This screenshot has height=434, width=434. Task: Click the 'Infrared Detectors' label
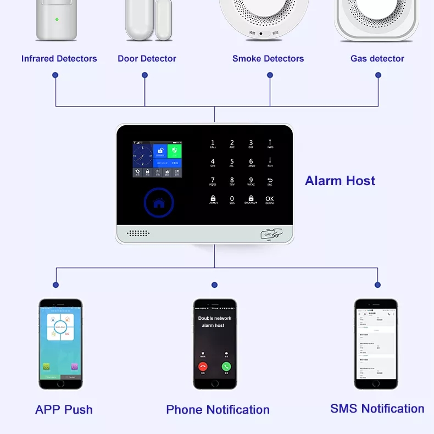59,59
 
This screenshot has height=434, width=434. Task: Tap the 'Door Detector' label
147,59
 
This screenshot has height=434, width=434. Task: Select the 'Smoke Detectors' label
268,59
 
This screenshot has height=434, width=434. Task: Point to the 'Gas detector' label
377,59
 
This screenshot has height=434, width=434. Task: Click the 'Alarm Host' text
340,181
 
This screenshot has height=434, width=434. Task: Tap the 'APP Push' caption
64,410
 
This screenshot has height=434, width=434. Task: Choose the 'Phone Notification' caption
218,410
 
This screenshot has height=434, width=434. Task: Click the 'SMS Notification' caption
377,409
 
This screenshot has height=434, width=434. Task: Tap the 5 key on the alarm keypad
232,163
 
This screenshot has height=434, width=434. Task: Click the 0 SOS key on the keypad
232,199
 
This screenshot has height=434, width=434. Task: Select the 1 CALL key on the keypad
213,144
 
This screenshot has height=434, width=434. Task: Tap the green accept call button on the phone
226,366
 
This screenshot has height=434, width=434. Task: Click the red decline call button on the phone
203,366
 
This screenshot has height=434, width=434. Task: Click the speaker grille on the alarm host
138,233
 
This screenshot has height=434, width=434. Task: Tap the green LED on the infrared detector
57,19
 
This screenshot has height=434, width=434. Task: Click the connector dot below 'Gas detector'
378,76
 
